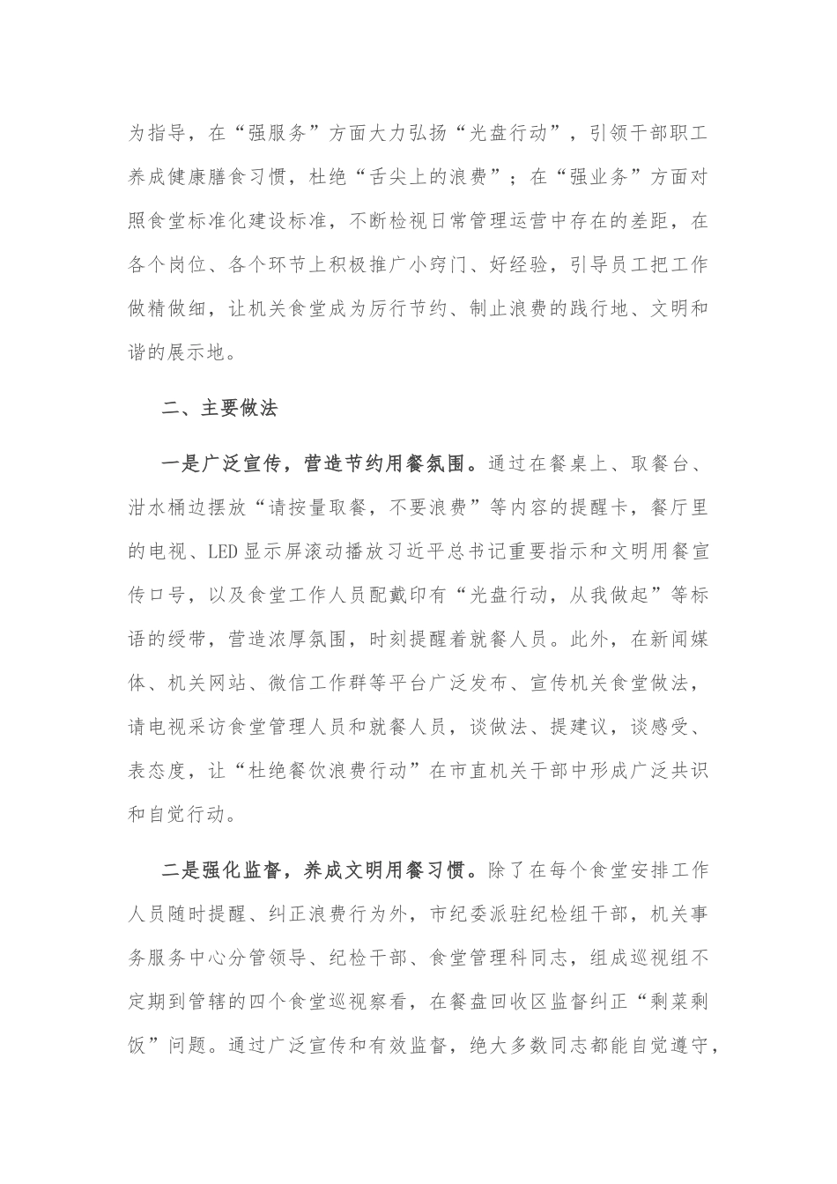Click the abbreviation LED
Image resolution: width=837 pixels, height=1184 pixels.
220,552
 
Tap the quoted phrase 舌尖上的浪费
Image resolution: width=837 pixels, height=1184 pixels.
441,178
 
